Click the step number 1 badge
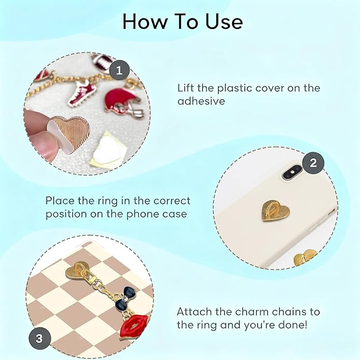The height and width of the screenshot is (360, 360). click(x=119, y=71)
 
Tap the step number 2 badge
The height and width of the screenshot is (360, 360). click(x=313, y=163)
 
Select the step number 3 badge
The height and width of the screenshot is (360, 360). click(x=39, y=338)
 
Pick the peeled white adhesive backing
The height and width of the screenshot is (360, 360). click(x=106, y=150)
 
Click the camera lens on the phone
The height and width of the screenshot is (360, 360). click(x=292, y=172)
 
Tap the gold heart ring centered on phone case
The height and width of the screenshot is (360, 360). click(x=276, y=210)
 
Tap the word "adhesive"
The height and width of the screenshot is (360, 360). click(x=201, y=101)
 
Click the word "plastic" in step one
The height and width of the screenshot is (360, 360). click(x=234, y=89)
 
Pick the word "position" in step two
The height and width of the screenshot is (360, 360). click(x=66, y=214)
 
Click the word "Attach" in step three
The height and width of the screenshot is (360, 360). click(x=194, y=312)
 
